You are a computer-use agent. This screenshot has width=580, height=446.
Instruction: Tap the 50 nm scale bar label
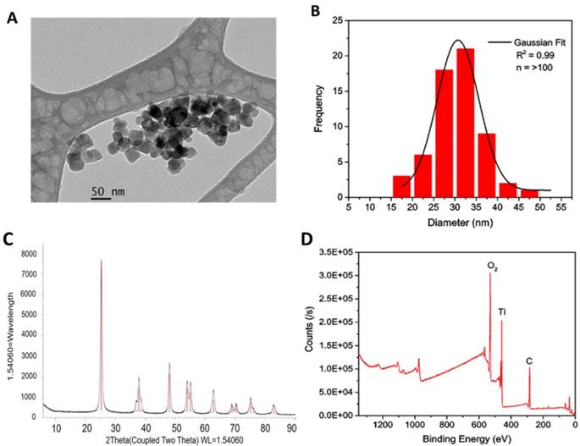[110, 192]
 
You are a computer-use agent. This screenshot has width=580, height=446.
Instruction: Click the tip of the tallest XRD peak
[101, 261]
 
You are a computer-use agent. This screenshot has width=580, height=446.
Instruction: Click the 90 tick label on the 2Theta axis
[292, 428]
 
